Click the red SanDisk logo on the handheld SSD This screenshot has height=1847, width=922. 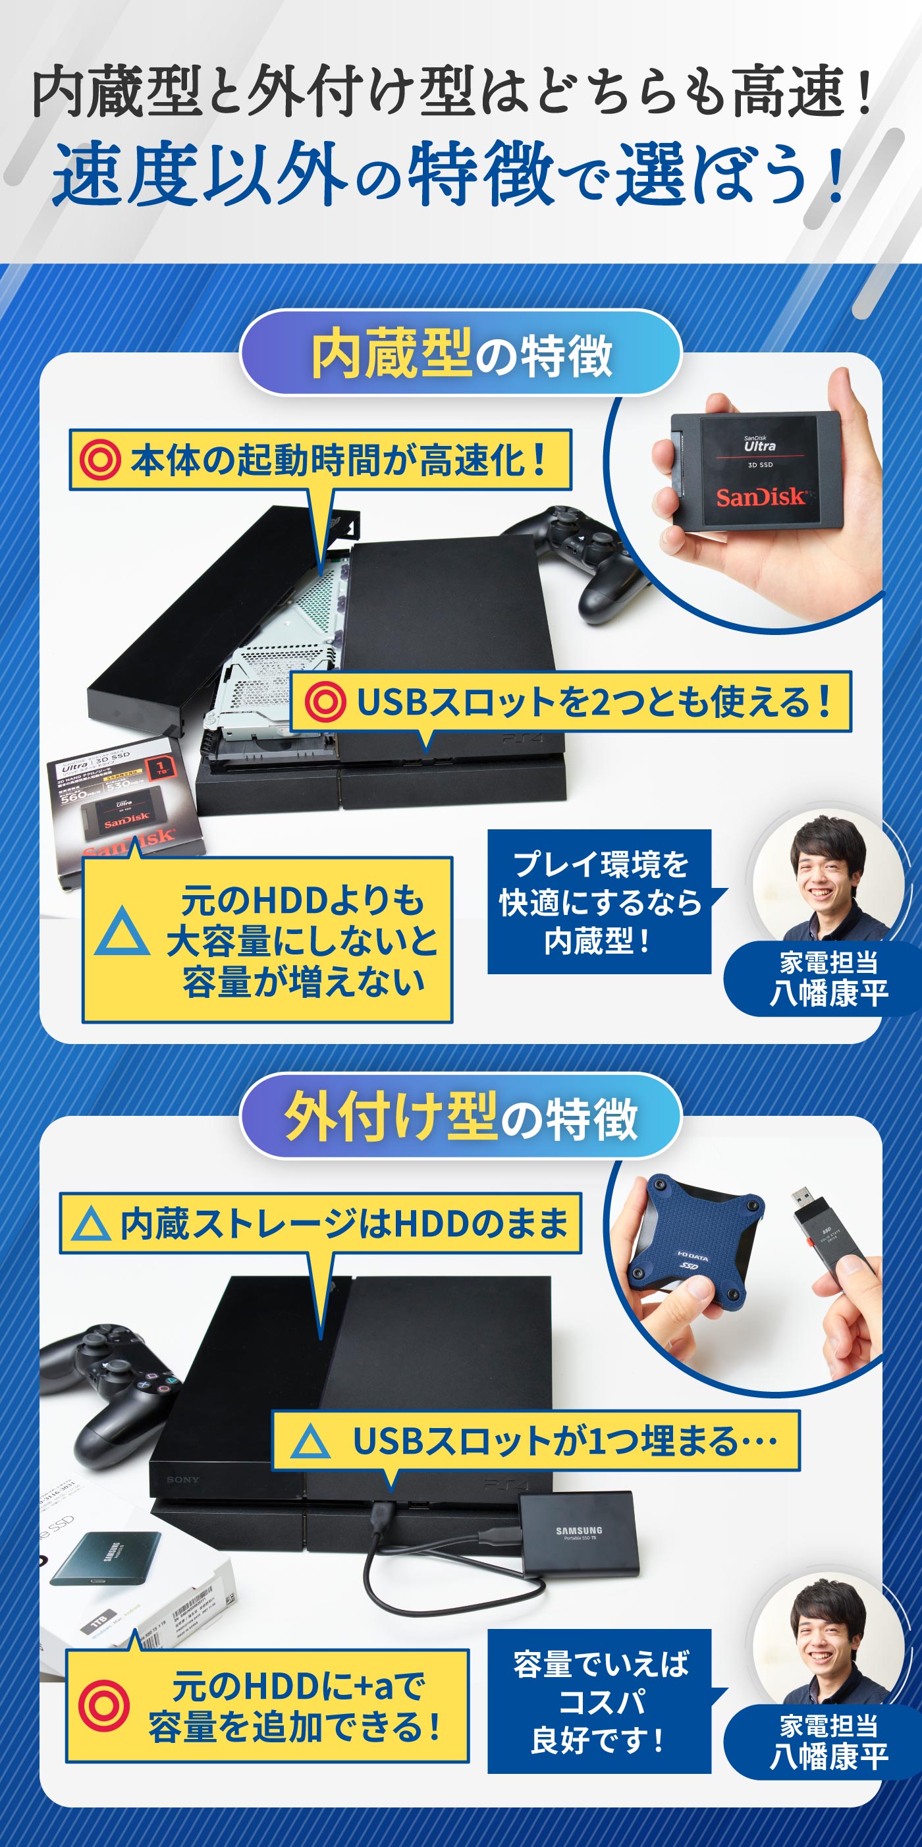tap(761, 496)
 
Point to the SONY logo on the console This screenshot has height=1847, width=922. tap(183, 1479)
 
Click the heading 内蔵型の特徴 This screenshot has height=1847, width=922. tap(461, 354)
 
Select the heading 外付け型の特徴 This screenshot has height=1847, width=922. tap(461, 1116)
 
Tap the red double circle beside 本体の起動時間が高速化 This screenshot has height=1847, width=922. tap(99, 460)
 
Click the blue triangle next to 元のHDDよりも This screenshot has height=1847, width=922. tap(122, 933)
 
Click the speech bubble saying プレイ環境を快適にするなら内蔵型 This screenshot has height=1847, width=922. tap(600, 902)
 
